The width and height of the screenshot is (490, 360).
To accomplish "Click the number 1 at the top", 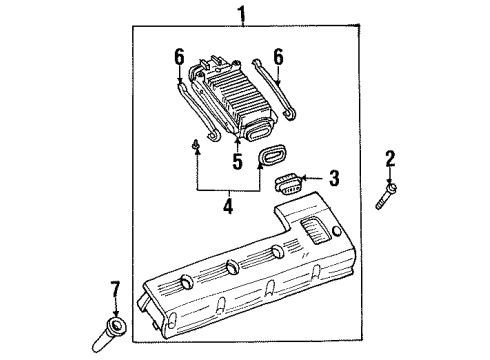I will coord(239,14).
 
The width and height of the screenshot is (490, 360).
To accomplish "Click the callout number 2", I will coord(390,157).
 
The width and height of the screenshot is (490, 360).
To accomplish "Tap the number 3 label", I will coord(334,178).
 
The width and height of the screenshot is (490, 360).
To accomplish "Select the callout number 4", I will coord(228,207).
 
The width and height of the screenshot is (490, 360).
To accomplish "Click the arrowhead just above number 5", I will coord(237,145).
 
